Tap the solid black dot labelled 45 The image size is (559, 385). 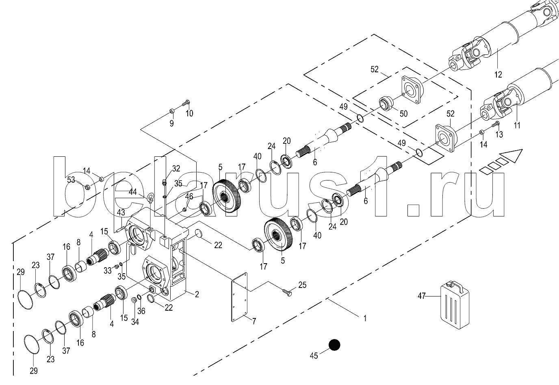[x=334, y=345]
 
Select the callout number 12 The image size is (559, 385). [x=498, y=74]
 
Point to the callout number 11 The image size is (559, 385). [x=516, y=125]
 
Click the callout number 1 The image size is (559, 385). [x=364, y=319]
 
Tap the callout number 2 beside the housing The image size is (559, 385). [x=197, y=294]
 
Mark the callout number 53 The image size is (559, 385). [x=71, y=180]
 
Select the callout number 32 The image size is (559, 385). [x=175, y=169]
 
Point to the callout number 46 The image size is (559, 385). [x=189, y=197]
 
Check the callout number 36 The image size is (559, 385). [x=141, y=311]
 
